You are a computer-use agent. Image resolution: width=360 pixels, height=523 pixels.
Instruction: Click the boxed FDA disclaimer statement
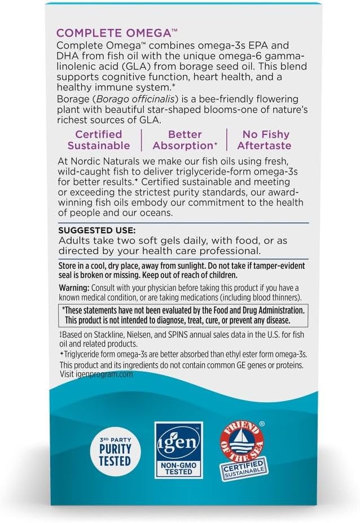click(183, 315)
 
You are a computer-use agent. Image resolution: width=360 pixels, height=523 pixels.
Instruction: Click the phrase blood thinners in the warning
click(277, 297)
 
